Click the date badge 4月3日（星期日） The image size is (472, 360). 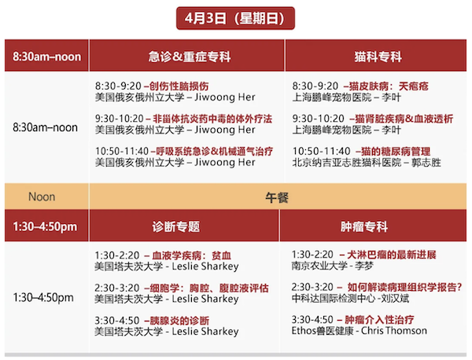click(235, 18)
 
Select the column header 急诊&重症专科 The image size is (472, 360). click(190, 57)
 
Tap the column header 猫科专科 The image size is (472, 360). click(378, 57)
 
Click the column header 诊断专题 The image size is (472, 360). click(175, 226)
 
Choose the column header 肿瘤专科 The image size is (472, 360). click(364, 226)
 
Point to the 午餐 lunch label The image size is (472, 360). click(277, 197)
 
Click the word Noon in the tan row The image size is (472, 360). click(42, 197)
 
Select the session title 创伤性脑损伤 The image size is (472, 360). click(179, 86)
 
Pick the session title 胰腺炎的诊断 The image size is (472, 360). click(179, 321)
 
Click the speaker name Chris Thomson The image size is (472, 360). click(394, 331)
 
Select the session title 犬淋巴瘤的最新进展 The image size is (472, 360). click(392, 255)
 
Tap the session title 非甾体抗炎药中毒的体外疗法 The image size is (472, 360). click(212, 119)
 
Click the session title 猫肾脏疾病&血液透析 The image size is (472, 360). click(404, 119)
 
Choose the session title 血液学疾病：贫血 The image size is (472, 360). click(191, 255)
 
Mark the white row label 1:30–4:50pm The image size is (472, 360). click(43, 297)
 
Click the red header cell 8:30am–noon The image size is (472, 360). click(46, 57)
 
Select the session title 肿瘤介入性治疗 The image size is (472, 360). click(379, 319)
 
